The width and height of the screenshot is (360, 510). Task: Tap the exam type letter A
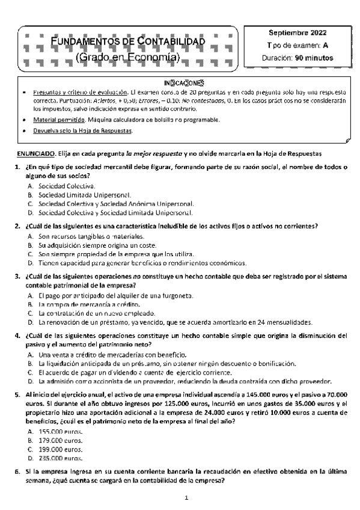click(x=325, y=45)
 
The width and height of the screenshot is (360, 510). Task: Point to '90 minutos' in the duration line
click(x=314, y=58)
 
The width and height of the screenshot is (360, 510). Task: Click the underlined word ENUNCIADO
click(x=37, y=154)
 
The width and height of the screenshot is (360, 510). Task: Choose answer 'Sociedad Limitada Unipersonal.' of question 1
click(x=84, y=195)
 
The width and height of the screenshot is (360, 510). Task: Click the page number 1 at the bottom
click(x=187, y=498)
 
